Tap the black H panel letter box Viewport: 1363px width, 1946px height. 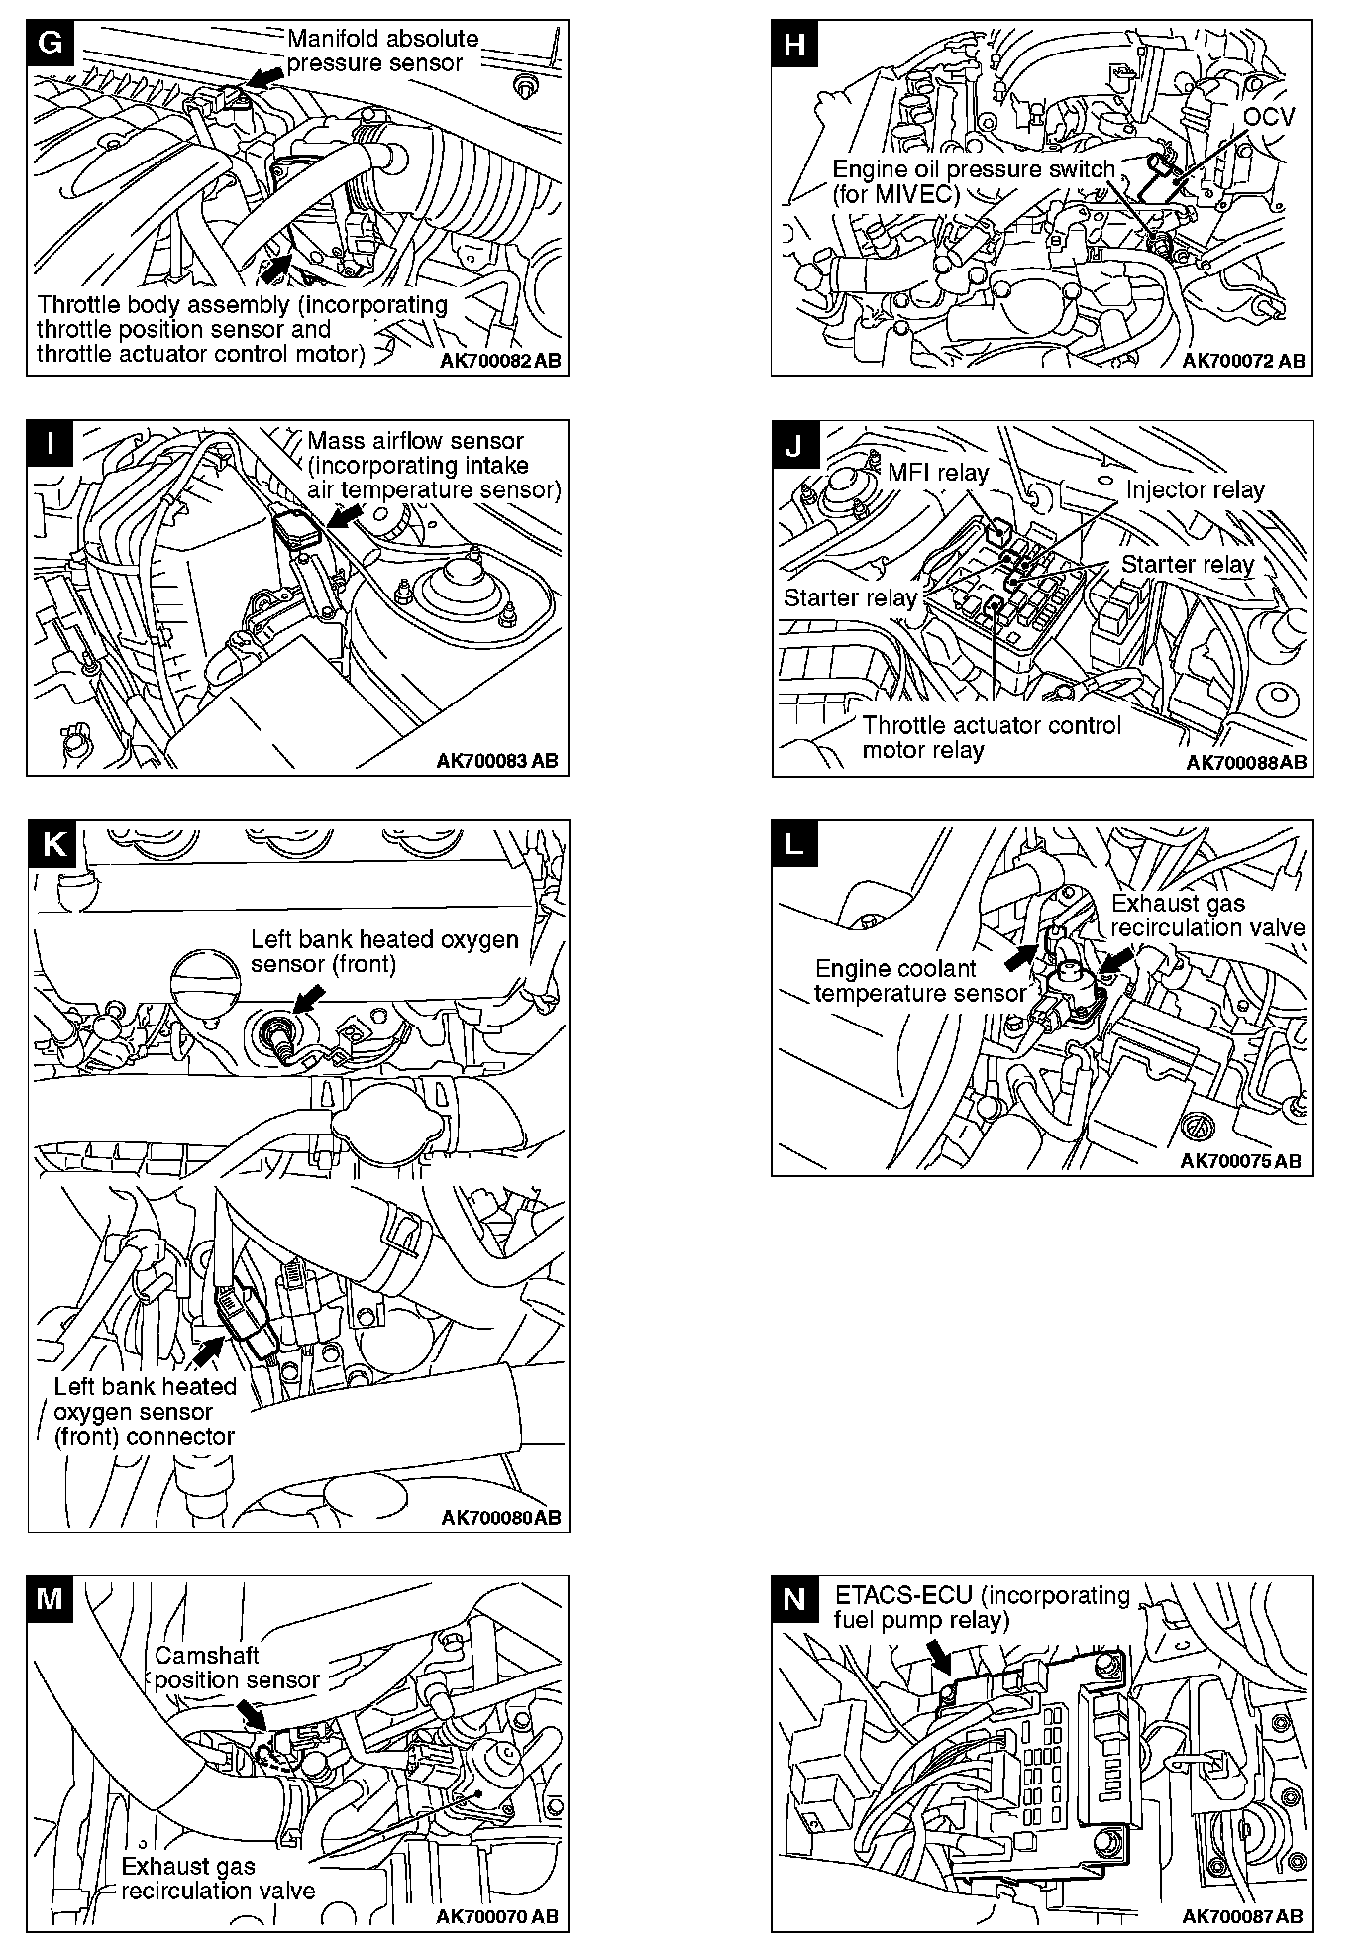[x=793, y=45]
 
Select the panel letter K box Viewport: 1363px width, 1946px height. [x=52, y=844]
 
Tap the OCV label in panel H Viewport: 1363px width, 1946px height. [x=1269, y=117]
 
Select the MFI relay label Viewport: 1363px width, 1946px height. [x=937, y=473]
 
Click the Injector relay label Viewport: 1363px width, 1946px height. [x=1195, y=490]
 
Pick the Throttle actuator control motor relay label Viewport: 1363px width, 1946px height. [x=991, y=738]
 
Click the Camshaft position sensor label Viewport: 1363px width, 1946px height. [x=236, y=1668]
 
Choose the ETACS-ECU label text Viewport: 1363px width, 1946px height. [x=981, y=1608]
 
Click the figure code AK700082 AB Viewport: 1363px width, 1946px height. [x=500, y=361]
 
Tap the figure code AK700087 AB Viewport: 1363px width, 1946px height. [x=1242, y=1916]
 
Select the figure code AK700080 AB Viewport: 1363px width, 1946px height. [x=500, y=1517]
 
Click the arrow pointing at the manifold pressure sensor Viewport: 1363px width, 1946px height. [x=262, y=77]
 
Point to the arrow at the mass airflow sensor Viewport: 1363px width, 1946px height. [x=344, y=516]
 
